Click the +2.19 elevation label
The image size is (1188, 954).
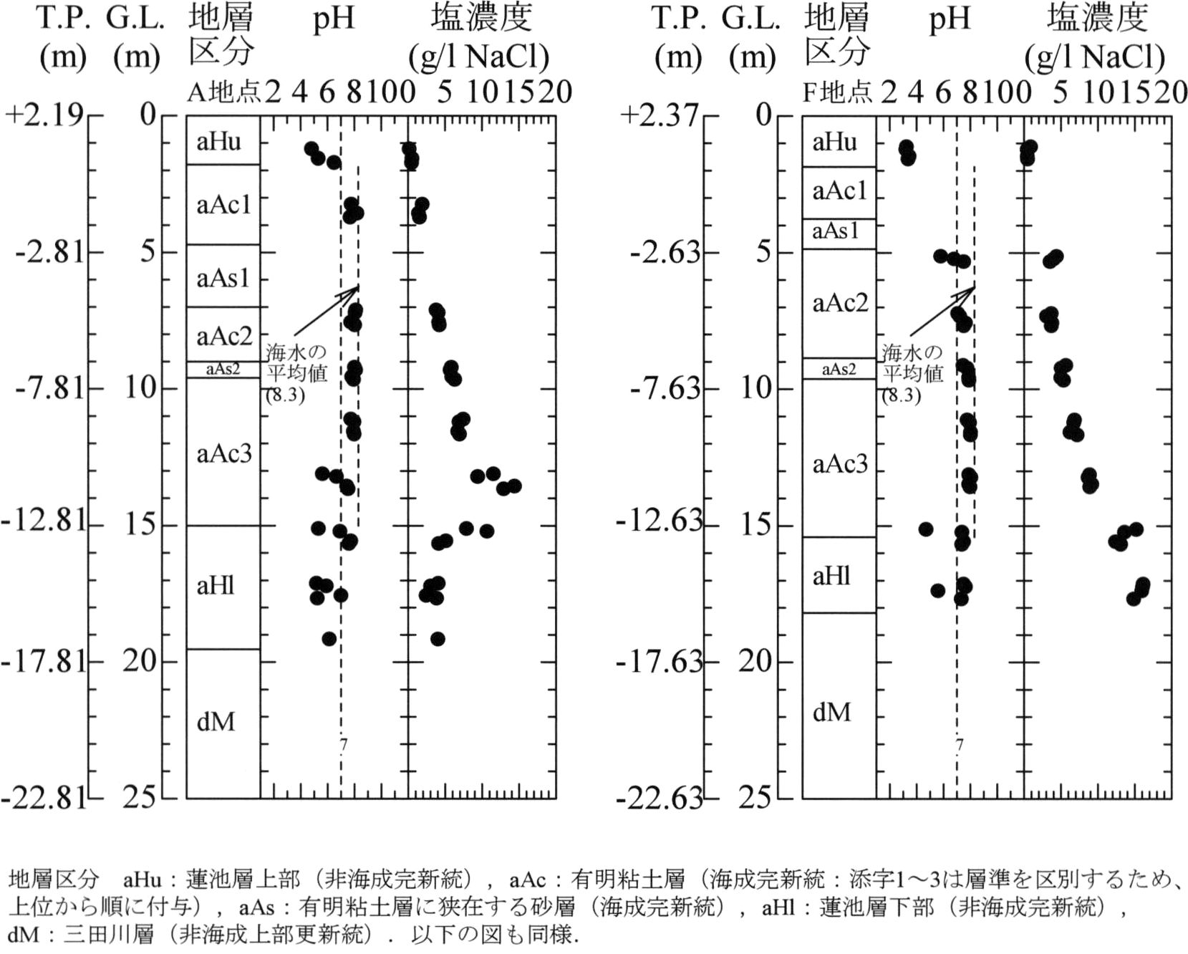tap(45, 115)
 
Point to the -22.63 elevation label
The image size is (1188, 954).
tap(660, 798)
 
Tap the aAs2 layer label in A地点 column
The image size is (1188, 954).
tap(223, 370)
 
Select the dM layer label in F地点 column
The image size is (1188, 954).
tap(832, 712)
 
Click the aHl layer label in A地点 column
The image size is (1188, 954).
tap(216, 586)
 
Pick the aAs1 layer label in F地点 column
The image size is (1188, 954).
tap(835, 231)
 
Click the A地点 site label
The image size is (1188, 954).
tap(224, 92)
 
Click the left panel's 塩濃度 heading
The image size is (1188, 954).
tap(481, 19)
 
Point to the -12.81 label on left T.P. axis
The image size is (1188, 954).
tap(44, 521)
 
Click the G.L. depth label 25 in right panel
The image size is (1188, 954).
tap(755, 796)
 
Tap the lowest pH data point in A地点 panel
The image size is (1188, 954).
tap(329, 639)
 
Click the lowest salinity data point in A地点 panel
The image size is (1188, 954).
tap(438, 639)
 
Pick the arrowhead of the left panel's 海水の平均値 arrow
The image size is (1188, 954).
tap(358, 287)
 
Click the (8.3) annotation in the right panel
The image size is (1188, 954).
tap(901, 395)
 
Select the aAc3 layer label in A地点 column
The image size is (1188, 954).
tap(224, 453)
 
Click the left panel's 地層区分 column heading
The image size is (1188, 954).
tap(221, 34)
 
